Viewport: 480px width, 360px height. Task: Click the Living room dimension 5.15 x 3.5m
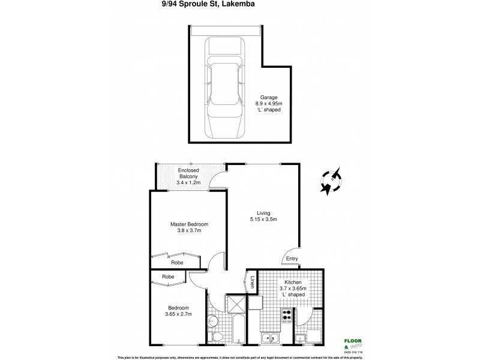click(264, 220)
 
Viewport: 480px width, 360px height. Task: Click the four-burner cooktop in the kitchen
click(287, 314)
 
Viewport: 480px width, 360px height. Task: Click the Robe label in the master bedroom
click(178, 263)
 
